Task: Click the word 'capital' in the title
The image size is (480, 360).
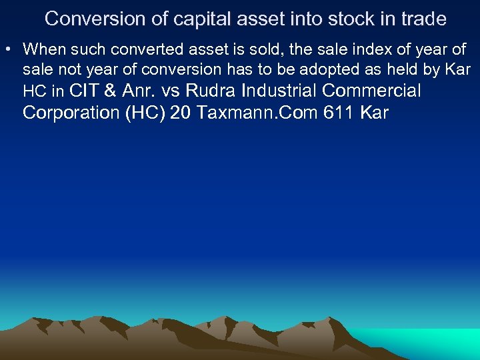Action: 195,19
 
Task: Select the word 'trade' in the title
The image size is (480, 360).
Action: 421,19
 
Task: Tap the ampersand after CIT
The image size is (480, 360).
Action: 111,91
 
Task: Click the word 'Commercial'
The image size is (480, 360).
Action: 371,91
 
